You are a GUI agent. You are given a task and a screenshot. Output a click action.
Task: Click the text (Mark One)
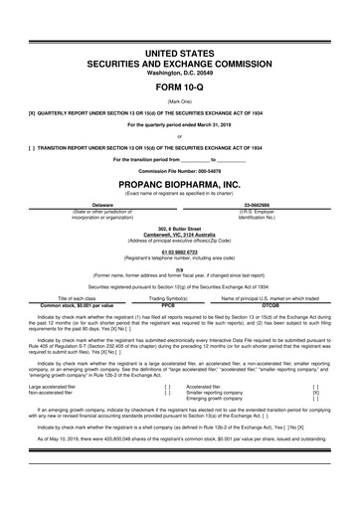[x=179, y=92]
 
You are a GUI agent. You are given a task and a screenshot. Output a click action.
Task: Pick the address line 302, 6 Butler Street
[x=179, y=227]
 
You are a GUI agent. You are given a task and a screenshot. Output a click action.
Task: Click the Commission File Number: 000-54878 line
[x=179, y=169]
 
